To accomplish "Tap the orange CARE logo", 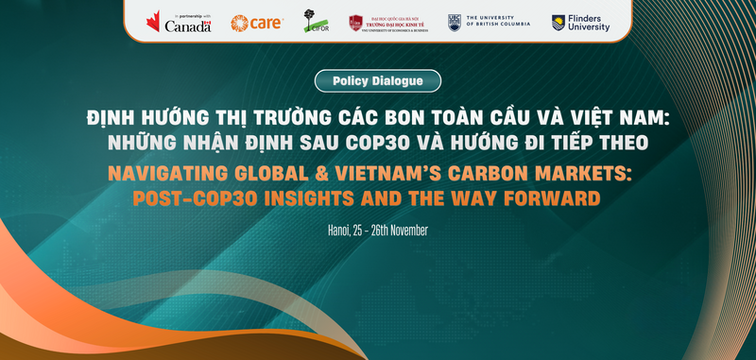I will click(x=257, y=23).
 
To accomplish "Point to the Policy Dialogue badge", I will click(x=378, y=81).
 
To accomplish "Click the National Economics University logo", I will click(x=387, y=22).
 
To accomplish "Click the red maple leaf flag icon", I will click(x=153, y=22).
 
